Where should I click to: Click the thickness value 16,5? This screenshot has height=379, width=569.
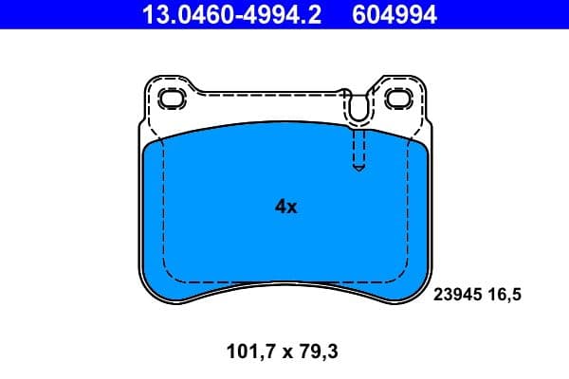[x=506, y=295]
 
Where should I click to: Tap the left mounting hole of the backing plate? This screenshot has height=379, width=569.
[x=173, y=99]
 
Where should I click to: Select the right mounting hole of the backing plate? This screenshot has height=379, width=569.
[x=397, y=99]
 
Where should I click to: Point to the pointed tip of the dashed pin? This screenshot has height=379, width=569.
[x=358, y=170]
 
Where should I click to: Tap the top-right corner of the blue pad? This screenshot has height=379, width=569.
[x=425, y=147]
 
